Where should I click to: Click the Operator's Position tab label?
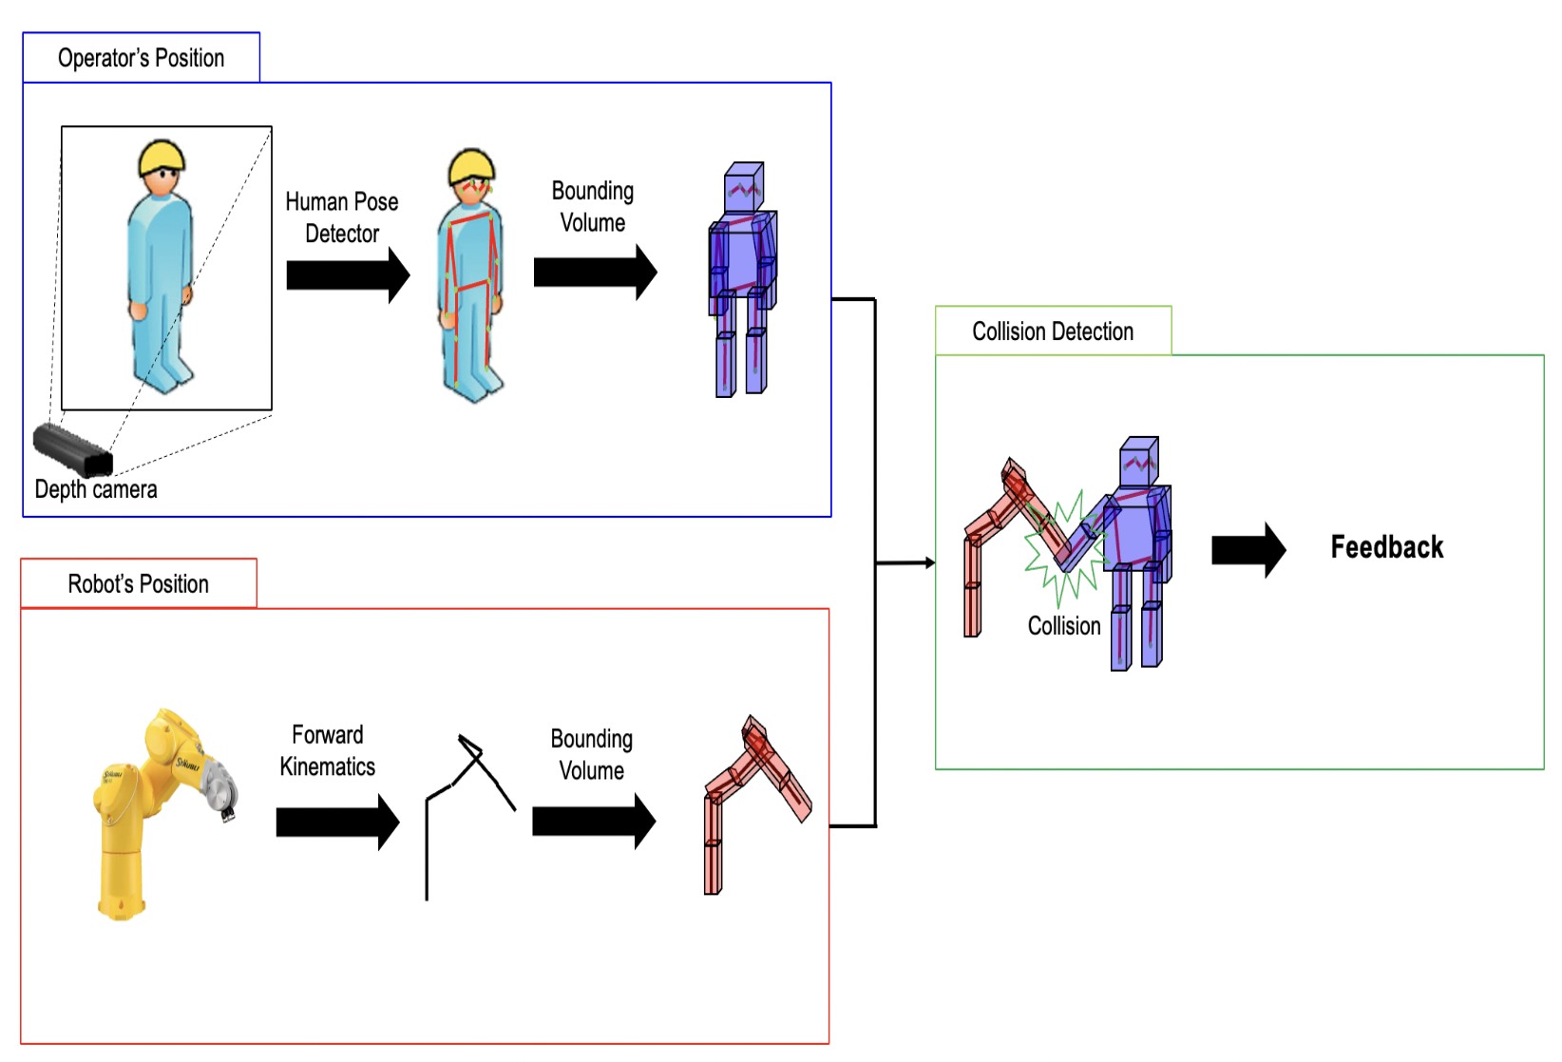tap(141, 58)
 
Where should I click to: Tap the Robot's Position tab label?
tap(138, 583)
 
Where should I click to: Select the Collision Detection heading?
tap(1052, 332)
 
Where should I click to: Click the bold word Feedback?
tap(1386, 547)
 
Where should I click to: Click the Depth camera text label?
tap(96, 489)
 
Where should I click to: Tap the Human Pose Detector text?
tap(342, 218)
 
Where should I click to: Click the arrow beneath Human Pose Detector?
tap(347, 275)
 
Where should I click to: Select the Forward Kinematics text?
tap(327, 750)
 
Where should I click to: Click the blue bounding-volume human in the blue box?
tap(742, 280)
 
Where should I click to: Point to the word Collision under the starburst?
tap(1063, 626)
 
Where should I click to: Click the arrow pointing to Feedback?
tap(1248, 550)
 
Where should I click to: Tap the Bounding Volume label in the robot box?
tap(591, 754)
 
